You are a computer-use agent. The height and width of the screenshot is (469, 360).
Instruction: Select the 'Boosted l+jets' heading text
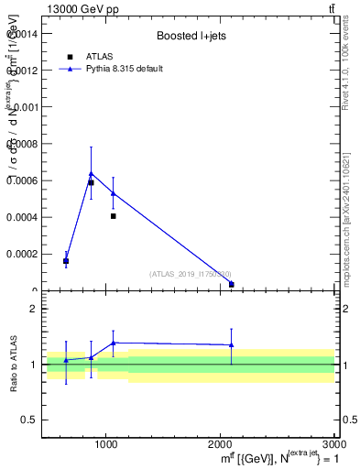pos(191,37)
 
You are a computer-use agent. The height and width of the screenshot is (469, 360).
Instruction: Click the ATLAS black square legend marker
pos(70,57)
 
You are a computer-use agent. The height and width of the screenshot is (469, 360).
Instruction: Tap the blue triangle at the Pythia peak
pos(91,173)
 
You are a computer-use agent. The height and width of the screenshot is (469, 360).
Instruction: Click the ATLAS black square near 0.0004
pos(113,216)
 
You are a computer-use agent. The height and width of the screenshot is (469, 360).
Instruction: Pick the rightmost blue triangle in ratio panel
pos(231,345)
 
